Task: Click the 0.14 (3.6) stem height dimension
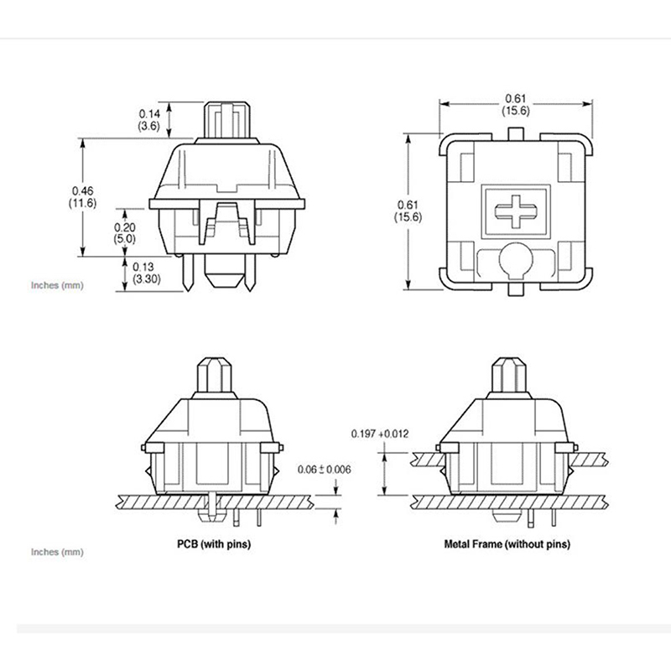(x=149, y=120)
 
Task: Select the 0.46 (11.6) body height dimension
(x=82, y=197)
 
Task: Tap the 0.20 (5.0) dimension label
(x=124, y=233)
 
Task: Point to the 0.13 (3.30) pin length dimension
(x=146, y=273)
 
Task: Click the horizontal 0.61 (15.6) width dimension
(x=516, y=104)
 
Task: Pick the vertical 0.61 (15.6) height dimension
(x=408, y=211)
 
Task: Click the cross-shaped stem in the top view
(x=516, y=211)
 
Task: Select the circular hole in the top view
(x=516, y=260)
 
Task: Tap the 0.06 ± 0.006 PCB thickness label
(x=324, y=470)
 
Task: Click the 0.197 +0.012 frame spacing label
(x=380, y=434)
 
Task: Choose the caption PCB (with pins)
(x=214, y=544)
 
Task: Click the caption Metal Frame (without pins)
(x=507, y=544)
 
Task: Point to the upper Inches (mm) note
(x=57, y=285)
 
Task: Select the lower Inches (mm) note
(x=57, y=552)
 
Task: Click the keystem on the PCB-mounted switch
(x=214, y=375)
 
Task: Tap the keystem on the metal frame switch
(x=509, y=375)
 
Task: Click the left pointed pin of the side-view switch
(x=188, y=273)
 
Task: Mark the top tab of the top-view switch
(x=516, y=133)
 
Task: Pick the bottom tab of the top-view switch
(x=516, y=289)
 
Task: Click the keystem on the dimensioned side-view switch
(x=226, y=120)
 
